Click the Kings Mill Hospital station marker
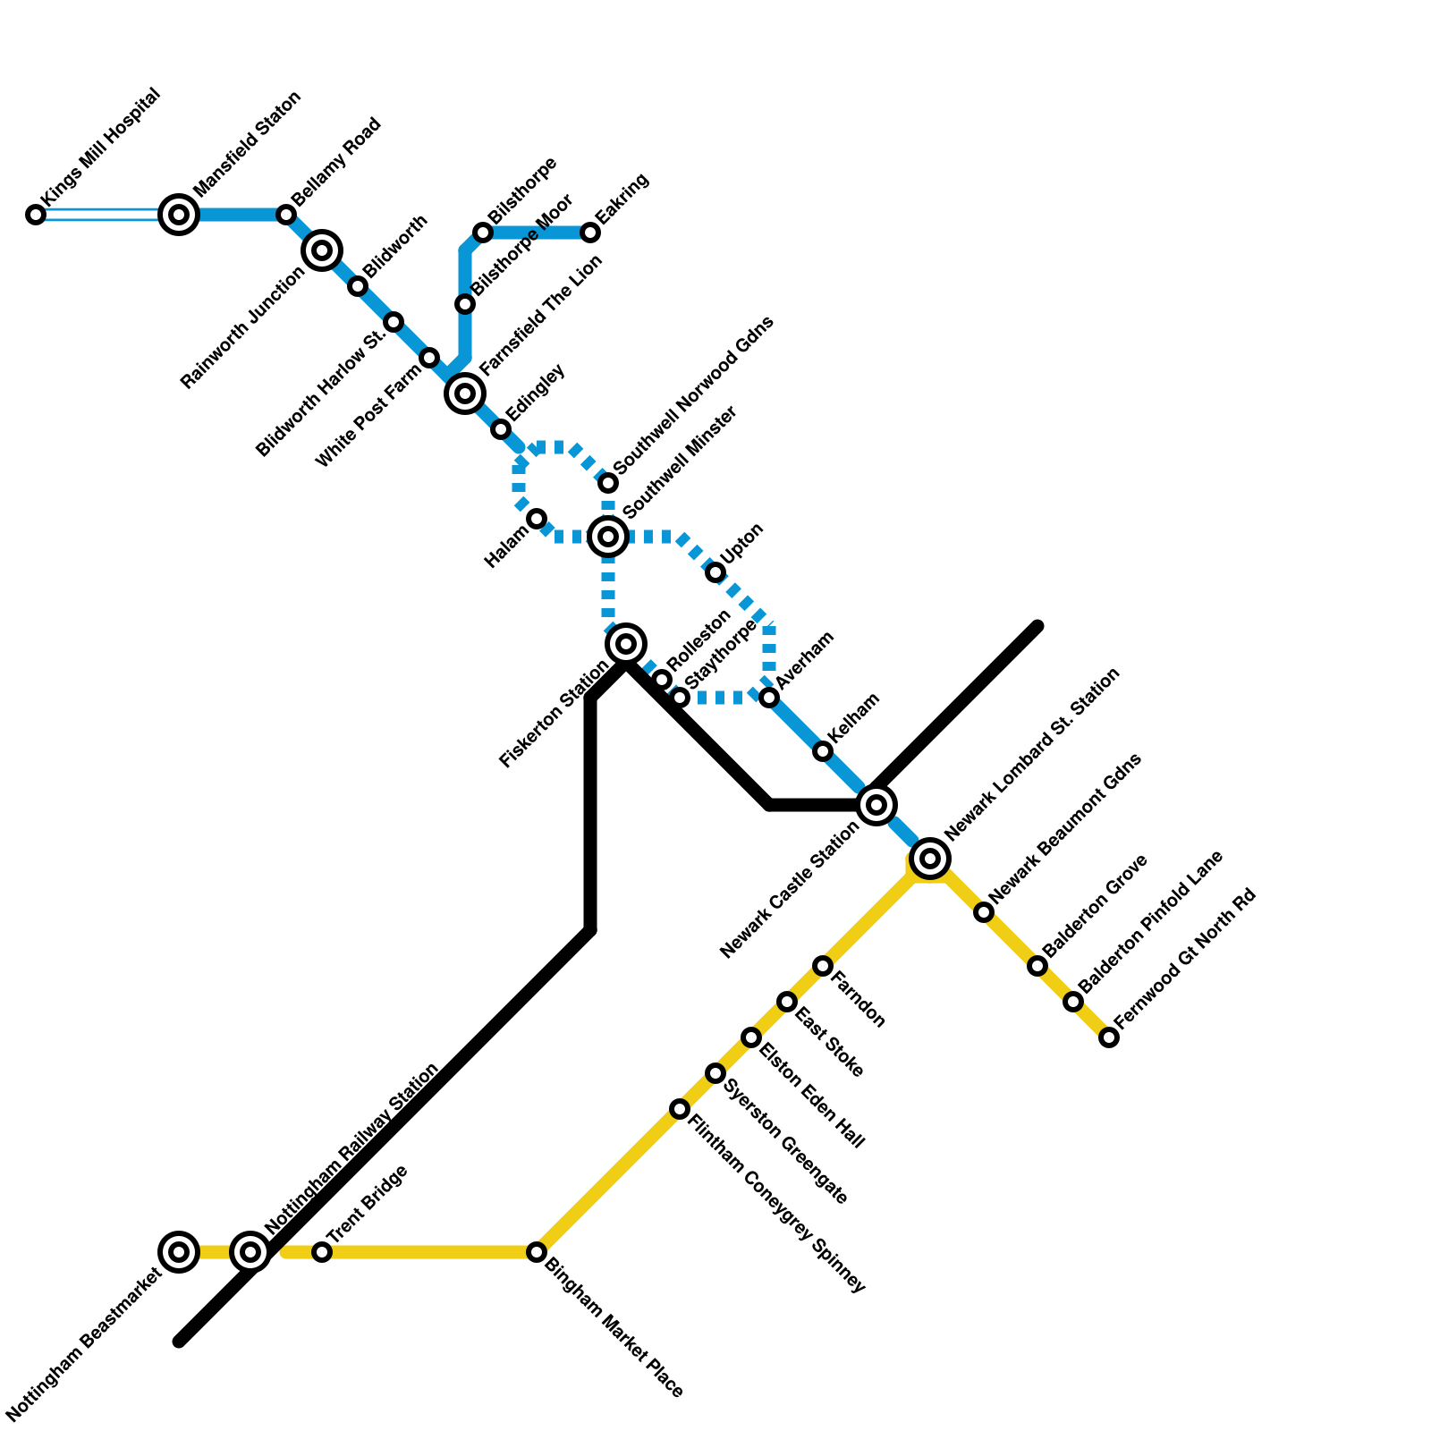coord(36,215)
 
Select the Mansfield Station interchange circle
coord(179,215)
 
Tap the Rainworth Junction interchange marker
coord(322,250)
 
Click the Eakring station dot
coord(590,233)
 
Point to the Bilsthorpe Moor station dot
coord(465,304)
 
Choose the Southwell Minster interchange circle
coord(608,537)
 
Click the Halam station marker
coord(537,519)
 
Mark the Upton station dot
coord(715,572)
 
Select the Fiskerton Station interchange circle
coord(626,644)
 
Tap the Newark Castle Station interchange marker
coord(876,805)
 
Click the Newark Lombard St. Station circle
coord(930,859)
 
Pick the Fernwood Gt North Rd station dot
coord(1109,1037)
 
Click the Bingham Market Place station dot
coord(537,1252)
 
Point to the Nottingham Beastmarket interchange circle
coord(179,1252)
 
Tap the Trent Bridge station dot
coord(322,1252)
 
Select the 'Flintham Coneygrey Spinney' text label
coord(776,1203)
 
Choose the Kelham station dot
coord(823,751)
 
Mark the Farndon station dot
coord(823,966)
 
